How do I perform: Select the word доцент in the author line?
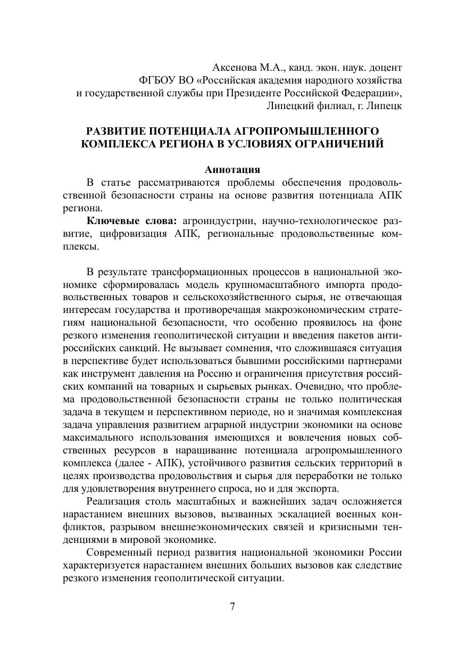click(x=385, y=68)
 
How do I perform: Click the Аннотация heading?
click(x=232, y=170)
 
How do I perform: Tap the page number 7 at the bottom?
click(x=233, y=607)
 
